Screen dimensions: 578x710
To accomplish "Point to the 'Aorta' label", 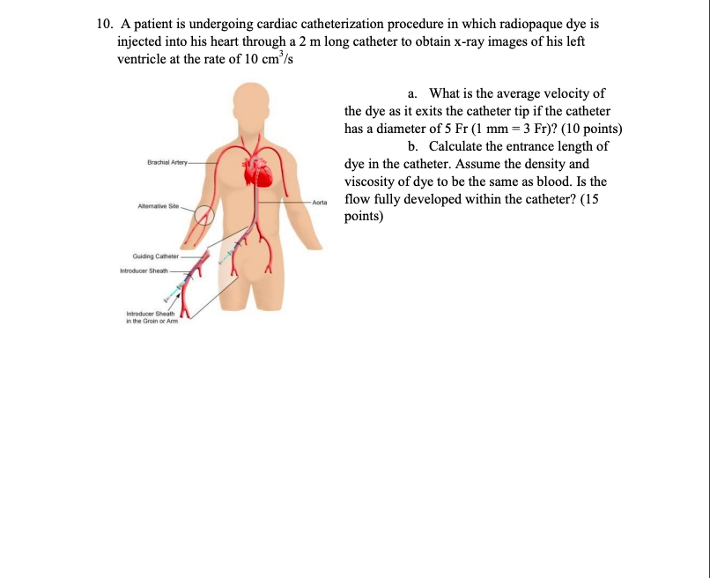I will coord(319,203).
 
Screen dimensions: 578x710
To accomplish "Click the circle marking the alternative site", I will coord(205,215).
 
